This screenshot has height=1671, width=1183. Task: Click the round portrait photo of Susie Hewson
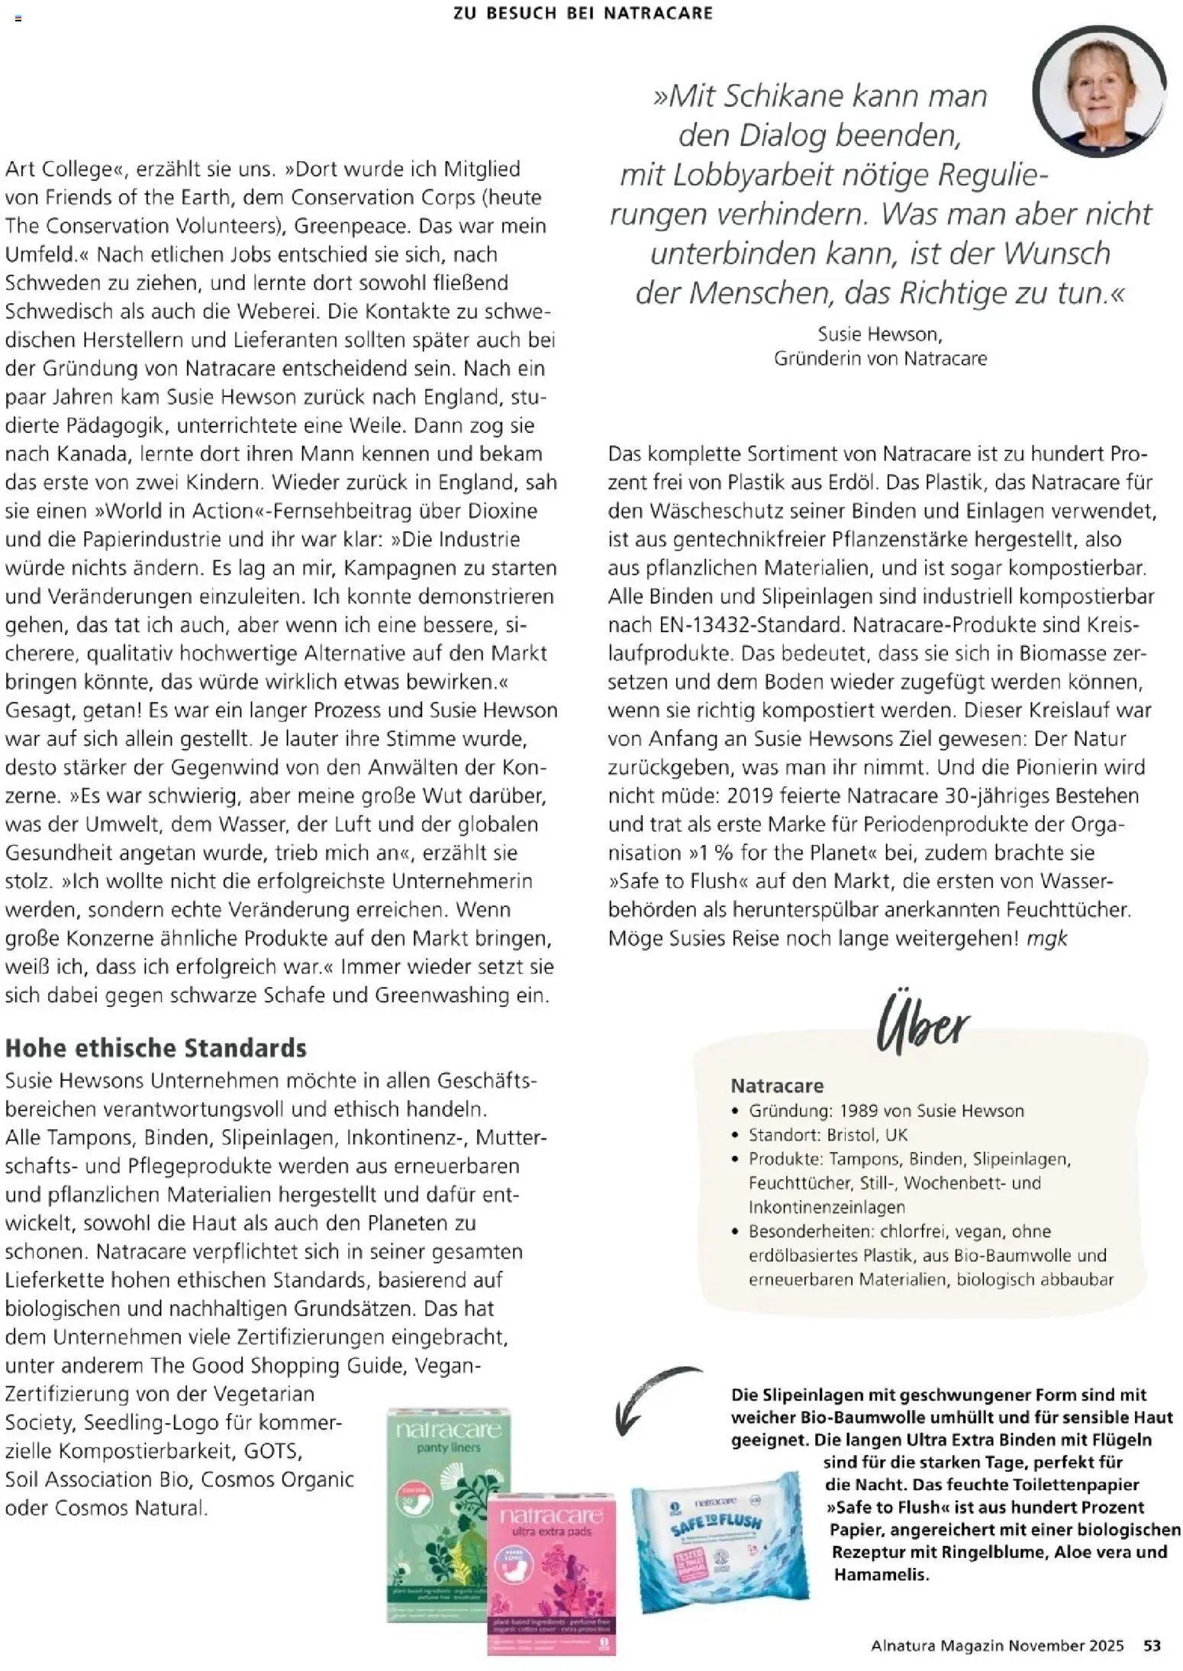click(1099, 92)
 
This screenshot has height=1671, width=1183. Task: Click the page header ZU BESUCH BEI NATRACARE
click(582, 13)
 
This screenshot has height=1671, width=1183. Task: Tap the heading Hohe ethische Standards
click(156, 1048)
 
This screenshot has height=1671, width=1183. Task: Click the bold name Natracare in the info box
click(777, 1086)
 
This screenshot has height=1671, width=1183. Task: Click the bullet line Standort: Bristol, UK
click(827, 1135)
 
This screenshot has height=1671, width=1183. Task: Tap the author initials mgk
click(1046, 938)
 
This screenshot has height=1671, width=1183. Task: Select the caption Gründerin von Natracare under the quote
click(880, 358)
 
